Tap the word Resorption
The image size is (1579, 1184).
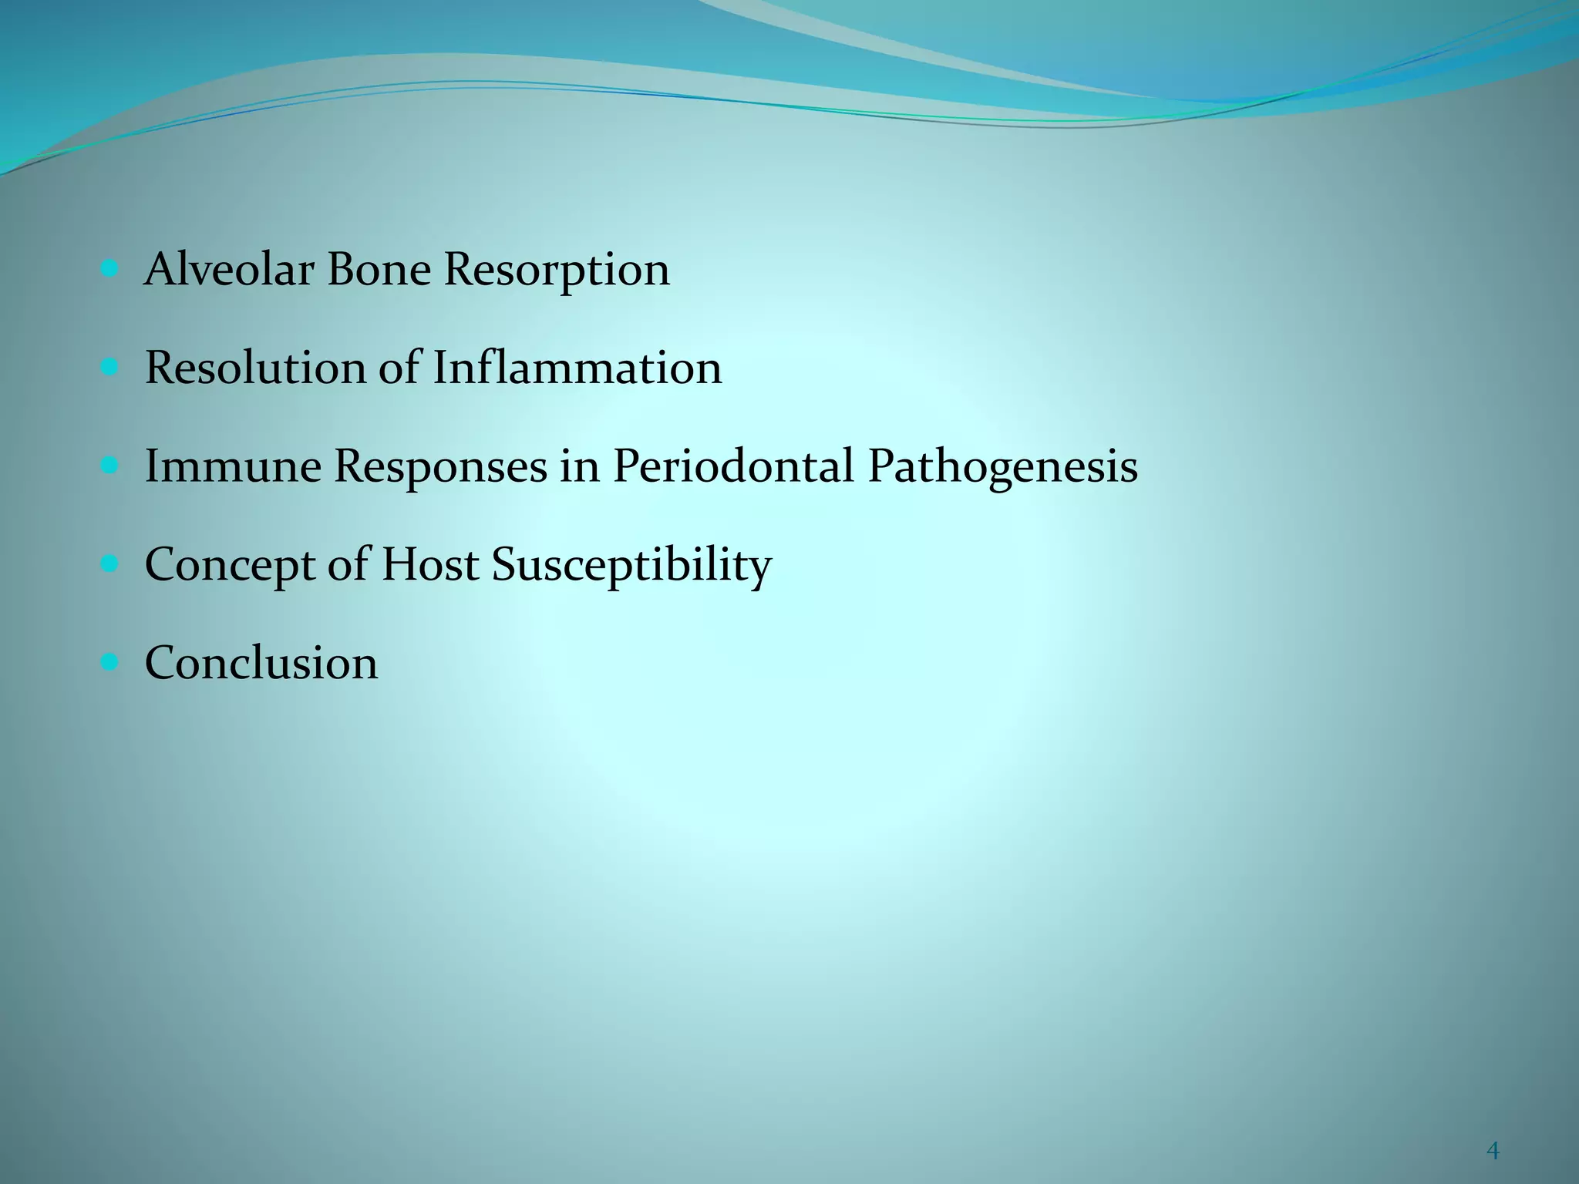pyautogui.click(x=557, y=271)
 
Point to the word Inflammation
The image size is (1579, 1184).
pyautogui.click(x=577, y=368)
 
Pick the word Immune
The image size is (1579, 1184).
pyautogui.click(x=232, y=466)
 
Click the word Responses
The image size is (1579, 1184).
pyautogui.click(x=440, y=468)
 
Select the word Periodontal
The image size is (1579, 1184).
pyautogui.click(x=733, y=466)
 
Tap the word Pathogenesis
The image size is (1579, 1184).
pyautogui.click(x=1002, y=468)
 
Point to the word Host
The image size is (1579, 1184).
pyautogui.click(x=429, y=564)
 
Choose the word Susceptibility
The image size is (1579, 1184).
pyautogui.click(x=631, y=566)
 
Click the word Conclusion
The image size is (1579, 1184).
pyautogui.click(x=261, y=663)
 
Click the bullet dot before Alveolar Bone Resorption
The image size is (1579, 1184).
pyautogui.click(x=109, y=269)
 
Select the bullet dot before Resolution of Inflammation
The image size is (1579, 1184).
pyautogui.click(x=109, y=368)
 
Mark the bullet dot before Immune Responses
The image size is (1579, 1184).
pyautogui.click(x=109, y=466)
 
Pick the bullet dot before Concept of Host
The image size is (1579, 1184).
pyautogui.click(x=109, y=564)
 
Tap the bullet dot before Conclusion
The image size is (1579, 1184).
pyautogui.click(x=109, y=662)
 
